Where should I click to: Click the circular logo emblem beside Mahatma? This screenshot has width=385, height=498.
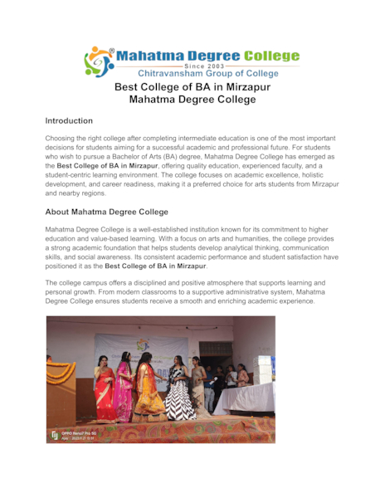pos(98,61)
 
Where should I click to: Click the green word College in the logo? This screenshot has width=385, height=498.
pos(266,56)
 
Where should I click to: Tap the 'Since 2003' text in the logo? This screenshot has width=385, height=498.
pos(205,66)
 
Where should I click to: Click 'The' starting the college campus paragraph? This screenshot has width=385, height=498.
pos(51,283)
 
